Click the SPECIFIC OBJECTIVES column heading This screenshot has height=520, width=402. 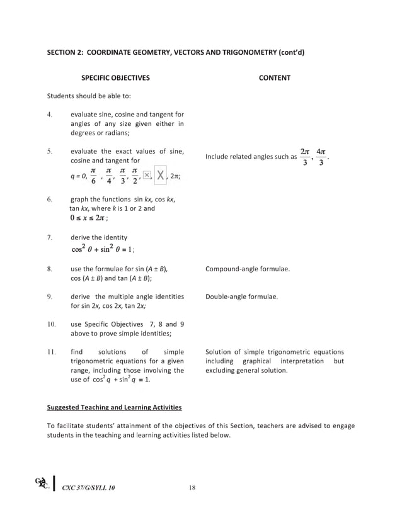click(115, 78)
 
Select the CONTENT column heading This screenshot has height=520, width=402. click(275, 78)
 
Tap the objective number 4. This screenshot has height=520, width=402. click(49, 115)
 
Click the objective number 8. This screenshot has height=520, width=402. click(49, 269)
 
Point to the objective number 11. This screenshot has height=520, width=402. click(50, 352)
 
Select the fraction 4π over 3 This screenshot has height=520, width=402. click(322, 157)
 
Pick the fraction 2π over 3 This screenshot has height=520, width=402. click(305, 157)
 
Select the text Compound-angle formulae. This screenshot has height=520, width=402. click(248, 269)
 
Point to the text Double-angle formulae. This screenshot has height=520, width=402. click(241, 296)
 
